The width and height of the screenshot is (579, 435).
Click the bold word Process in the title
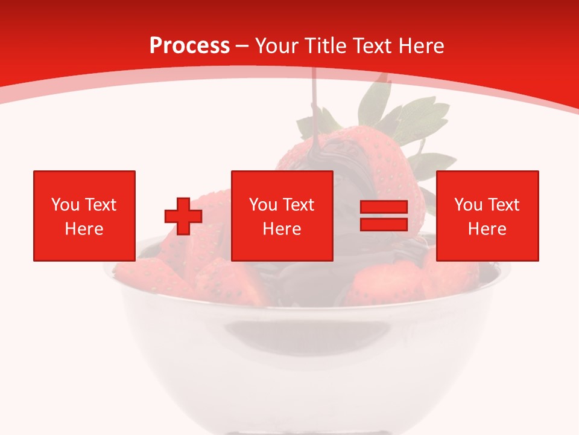[x=189, y=46]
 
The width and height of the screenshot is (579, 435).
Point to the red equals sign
[x=384, y=216]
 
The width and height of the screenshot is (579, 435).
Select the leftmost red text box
[x=84, y=216]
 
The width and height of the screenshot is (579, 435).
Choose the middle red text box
[x=282, y=216]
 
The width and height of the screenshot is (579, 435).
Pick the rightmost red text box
[x=487, y=216]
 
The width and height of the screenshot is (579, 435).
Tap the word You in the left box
[x=65, y=205]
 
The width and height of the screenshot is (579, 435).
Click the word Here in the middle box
[x=282, y=229]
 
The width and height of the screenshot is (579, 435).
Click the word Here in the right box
[x=487, y=229]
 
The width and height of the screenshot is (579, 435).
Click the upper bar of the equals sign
[x=384, y=208]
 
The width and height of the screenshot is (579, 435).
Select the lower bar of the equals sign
[x=384, y=224]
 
